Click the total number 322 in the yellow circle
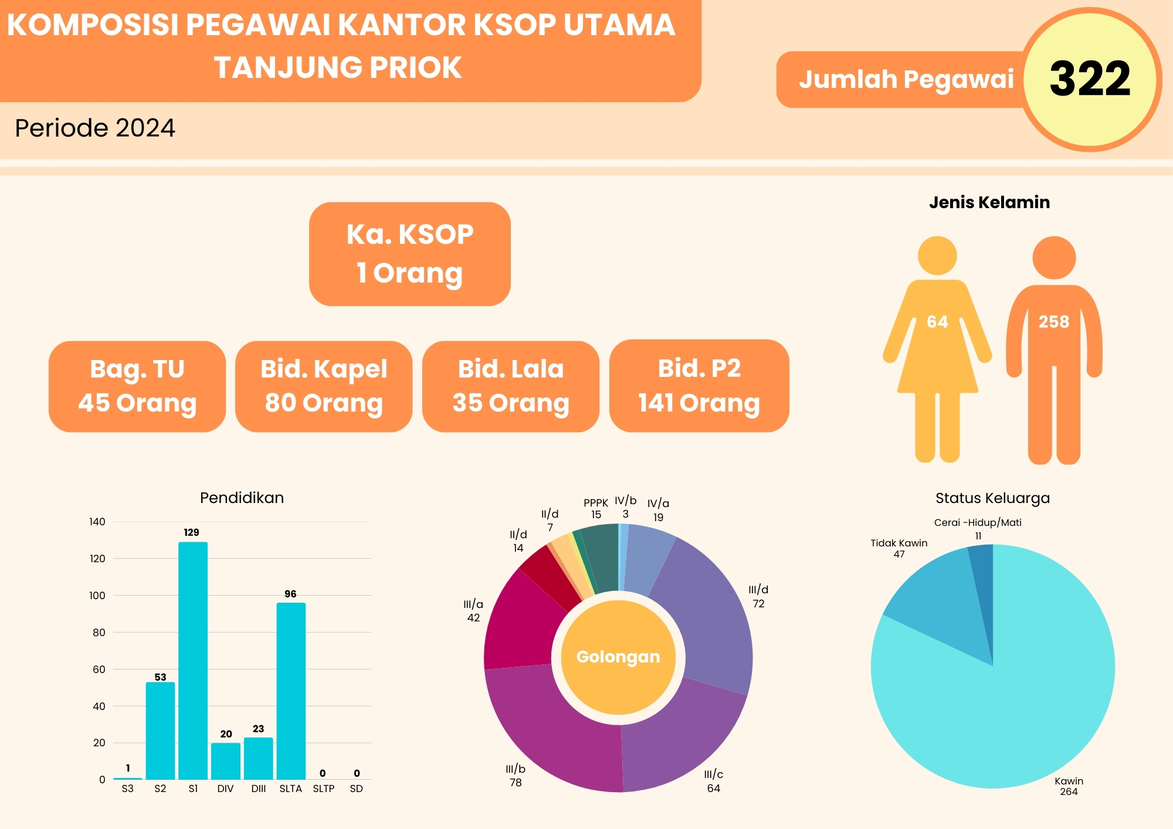click(1090, 79)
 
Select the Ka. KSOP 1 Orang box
click(409, 254)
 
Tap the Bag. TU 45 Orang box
click(137, 386)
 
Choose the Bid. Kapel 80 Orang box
click(324, 386)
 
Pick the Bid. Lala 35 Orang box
click(511, 386)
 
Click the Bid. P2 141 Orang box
click(699, 386)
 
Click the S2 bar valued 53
click(160, 730)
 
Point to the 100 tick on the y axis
click(97, 596)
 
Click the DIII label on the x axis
click(258, 789)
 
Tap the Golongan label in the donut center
click(618, 657)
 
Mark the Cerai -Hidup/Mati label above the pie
click(978, 522)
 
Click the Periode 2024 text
click(95, 128)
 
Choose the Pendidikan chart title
click(242, 498)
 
